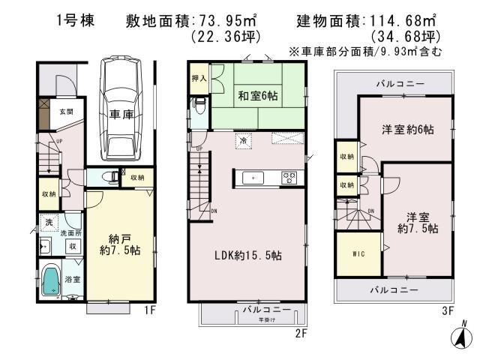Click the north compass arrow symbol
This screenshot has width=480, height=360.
(x=462, y=335)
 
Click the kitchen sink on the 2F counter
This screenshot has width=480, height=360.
(x=254, y=177)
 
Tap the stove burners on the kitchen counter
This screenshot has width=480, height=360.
(x=289, y=177)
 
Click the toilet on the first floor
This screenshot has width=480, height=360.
(x=109, y=177)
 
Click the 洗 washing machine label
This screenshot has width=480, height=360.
(x=48, y=223)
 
